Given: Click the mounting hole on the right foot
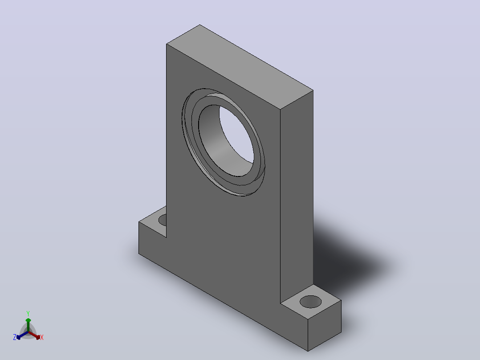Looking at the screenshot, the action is pos(310,302).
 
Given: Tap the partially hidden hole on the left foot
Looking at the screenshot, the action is pos(163,220).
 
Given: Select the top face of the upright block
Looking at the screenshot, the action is pos(240,67).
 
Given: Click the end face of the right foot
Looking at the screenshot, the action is pos(325,325).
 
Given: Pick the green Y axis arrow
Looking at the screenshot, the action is pos(28,324).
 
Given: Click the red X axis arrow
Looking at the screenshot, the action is pos(34,335).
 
